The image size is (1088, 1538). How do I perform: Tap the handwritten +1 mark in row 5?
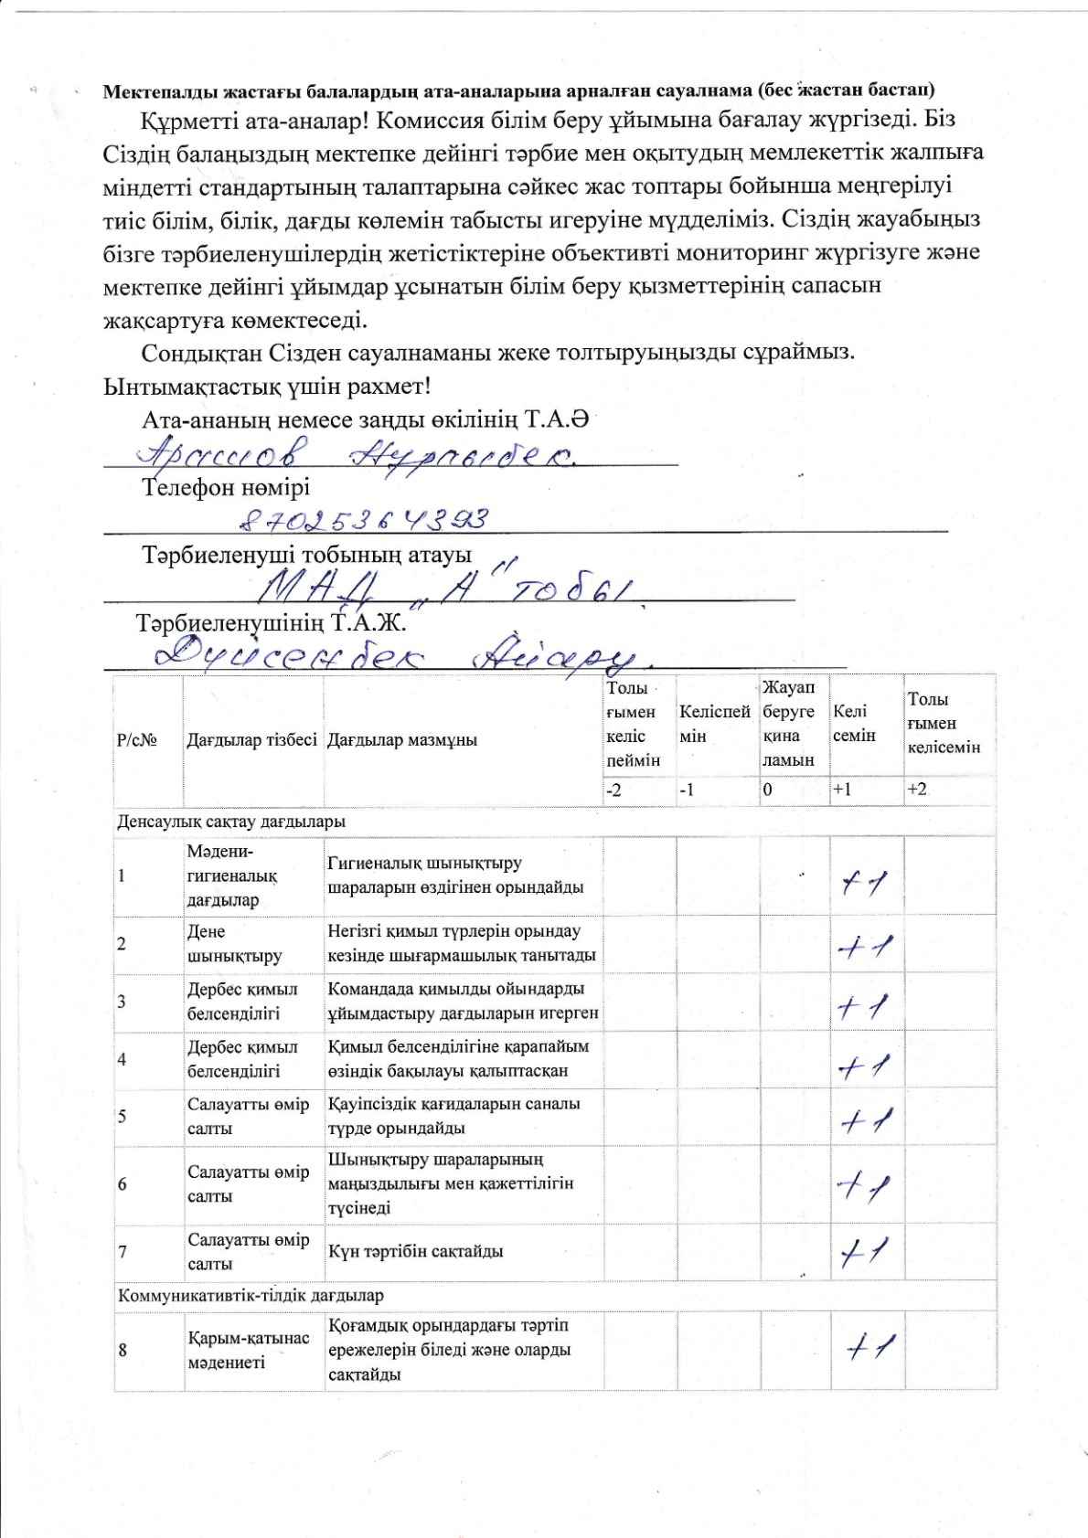click(x=864, y=1120)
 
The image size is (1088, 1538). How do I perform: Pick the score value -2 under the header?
click(x=613, y=790)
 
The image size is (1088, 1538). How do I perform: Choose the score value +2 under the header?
click(x=916, y=790)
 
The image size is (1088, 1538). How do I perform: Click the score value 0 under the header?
click(x=768, y=790)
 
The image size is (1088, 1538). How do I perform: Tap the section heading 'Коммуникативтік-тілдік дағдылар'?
click(x=250, y=1295)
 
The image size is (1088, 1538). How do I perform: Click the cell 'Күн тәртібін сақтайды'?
click(x=415, y=1251)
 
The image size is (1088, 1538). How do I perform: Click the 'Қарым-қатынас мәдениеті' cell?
click(x=248, y=1350)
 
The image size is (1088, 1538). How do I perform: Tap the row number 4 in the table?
click(x=123, y=1059)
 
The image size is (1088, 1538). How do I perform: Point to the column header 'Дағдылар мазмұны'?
click(x=402, y=740)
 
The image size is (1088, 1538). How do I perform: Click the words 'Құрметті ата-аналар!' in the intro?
click(x=252, y=120)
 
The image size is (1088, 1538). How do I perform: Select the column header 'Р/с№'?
click(x=136, y=740)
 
